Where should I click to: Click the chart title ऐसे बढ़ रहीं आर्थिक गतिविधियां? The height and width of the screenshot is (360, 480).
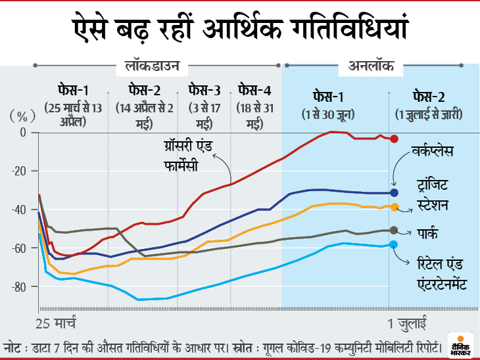click(x=240, y=30)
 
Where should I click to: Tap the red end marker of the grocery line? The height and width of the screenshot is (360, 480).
click(x=395, y=139)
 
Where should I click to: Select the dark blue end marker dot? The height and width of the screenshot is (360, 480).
click(x=395, y=192)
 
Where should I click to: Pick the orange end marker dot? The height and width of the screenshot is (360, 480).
click(x=395, y=207)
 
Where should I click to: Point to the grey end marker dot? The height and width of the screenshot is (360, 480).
click(x=395, y=231)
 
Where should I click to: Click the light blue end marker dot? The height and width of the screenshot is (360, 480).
click(x=395, y=244)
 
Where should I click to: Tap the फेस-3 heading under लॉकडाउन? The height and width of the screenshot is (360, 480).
click(x=205, y=90)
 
